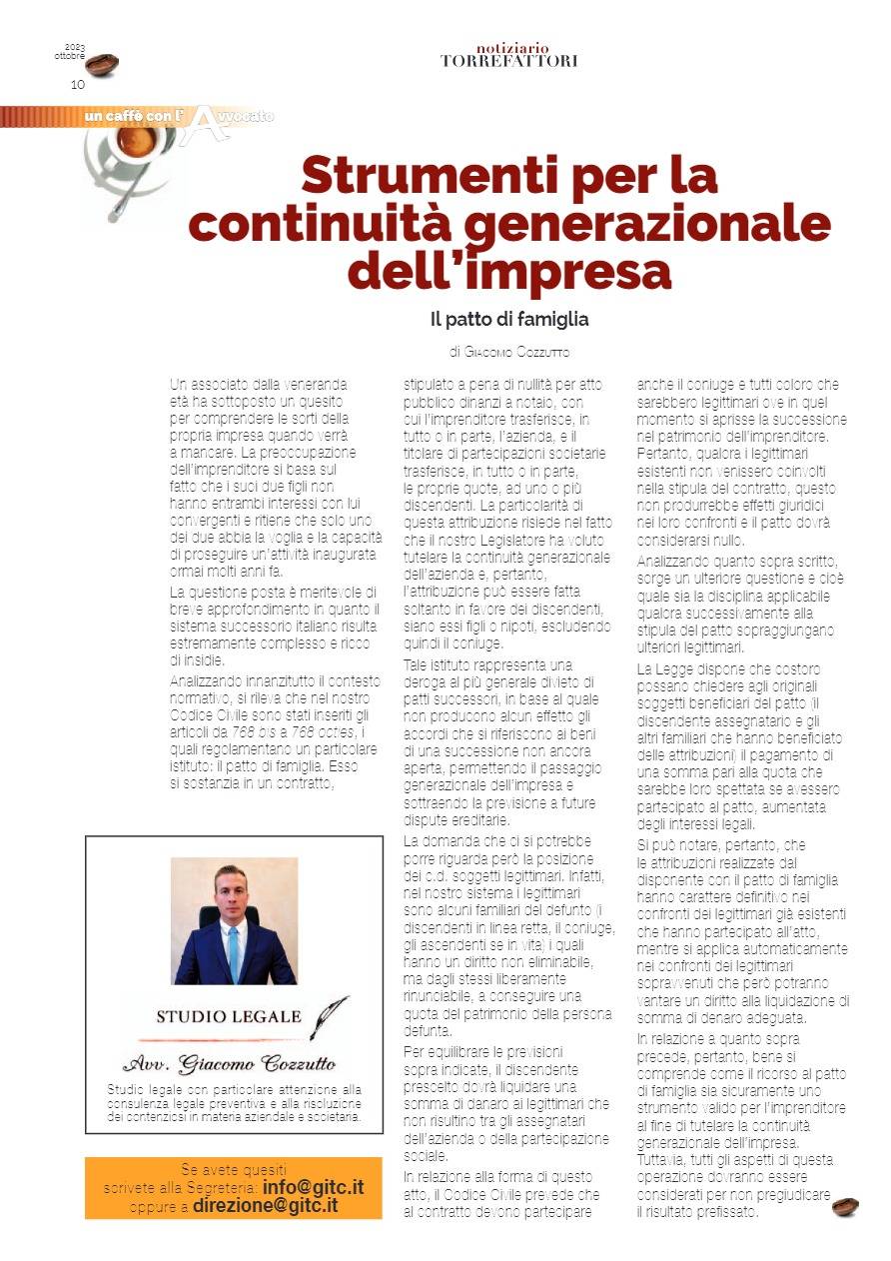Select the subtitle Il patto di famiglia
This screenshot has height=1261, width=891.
click(508, 320)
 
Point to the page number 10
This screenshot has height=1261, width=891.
click(77, 84)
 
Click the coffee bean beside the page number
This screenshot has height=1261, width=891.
click(102, 65)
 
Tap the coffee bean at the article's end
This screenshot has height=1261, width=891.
click(845, 1207)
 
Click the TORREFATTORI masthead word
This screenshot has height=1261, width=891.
click(508, 61)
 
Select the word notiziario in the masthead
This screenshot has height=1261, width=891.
click(512, 48)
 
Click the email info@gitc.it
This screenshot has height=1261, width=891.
click(313, 1188)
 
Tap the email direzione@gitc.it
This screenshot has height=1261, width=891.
click(265, 1205)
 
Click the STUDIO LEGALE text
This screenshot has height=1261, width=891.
click(228, 1016)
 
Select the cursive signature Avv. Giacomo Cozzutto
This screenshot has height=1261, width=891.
click(229, 1062)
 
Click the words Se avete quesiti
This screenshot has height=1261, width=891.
click(233, 1169)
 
